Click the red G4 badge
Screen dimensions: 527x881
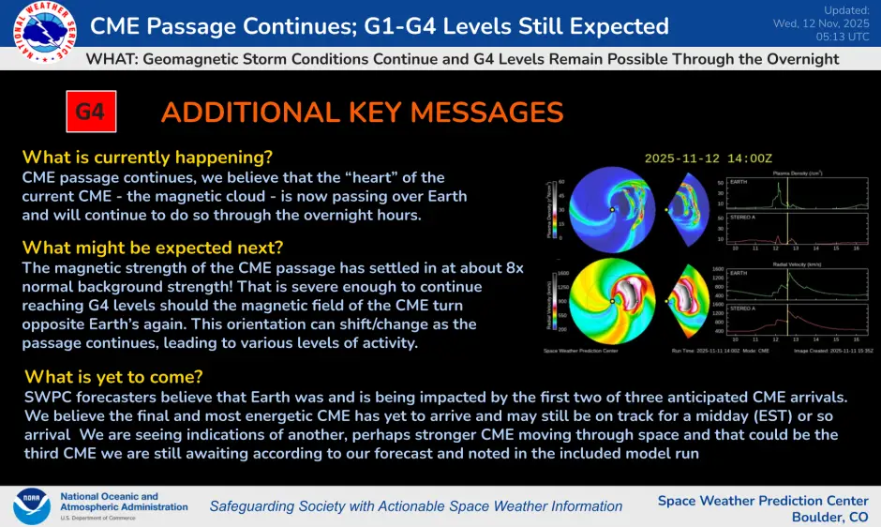pyautogui.click(x=89, y=113)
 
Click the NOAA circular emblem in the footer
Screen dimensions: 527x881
pyautogui.click(x=31, y=505)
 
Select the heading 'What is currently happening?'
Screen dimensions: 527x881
pyautogui.click(x=147, y=157)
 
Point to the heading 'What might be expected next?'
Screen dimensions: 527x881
pyautogui.click(x=153, y=248)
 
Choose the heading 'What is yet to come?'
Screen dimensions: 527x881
pyautogui.click(x=112, y=377)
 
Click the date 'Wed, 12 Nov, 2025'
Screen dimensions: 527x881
pyautogui.click(x=822, y=23)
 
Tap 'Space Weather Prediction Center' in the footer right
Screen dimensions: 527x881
pyautogui.click(x=762, y=500)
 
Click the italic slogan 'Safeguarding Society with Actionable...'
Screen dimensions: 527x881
pyautogui.click(x=415, y=506)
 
